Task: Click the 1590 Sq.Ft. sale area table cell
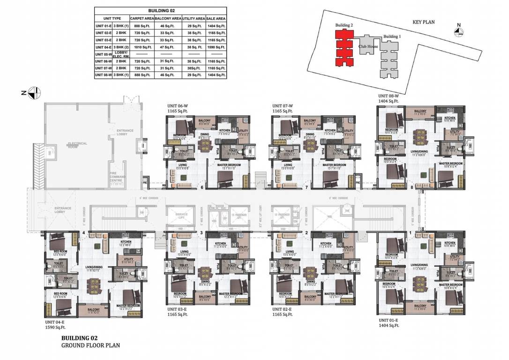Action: (216, 47)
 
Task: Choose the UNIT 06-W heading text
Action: (178, 106)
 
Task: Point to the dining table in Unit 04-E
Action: (95, 285)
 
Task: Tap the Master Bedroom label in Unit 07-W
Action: (334, 165)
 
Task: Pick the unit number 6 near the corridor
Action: (202, 187)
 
